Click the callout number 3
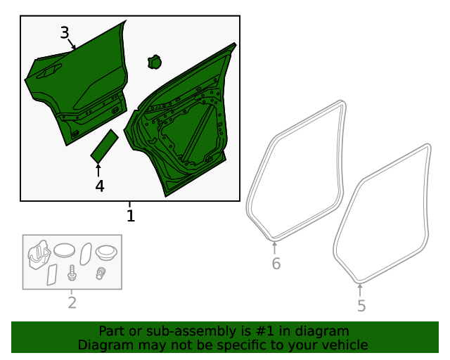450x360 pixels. point(65,33)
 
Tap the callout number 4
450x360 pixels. point(100,186)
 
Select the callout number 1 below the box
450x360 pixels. point(131,216)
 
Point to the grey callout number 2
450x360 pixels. point(72,302)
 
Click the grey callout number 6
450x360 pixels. point(276,264)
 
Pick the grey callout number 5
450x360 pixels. point(361,306)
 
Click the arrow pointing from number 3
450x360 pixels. point(72,44)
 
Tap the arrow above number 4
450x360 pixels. point(98,170)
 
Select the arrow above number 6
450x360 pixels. point(275,248)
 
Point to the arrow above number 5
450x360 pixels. point(360,290)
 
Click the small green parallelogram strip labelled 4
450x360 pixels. point(105,146)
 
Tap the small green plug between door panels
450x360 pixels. point(155,62)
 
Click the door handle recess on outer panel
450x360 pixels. point(49,71)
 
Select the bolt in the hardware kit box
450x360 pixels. point(72,273)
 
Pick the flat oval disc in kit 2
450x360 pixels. point(64,250)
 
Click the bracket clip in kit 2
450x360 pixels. point(39,255)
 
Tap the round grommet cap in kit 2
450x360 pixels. point(106,252)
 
